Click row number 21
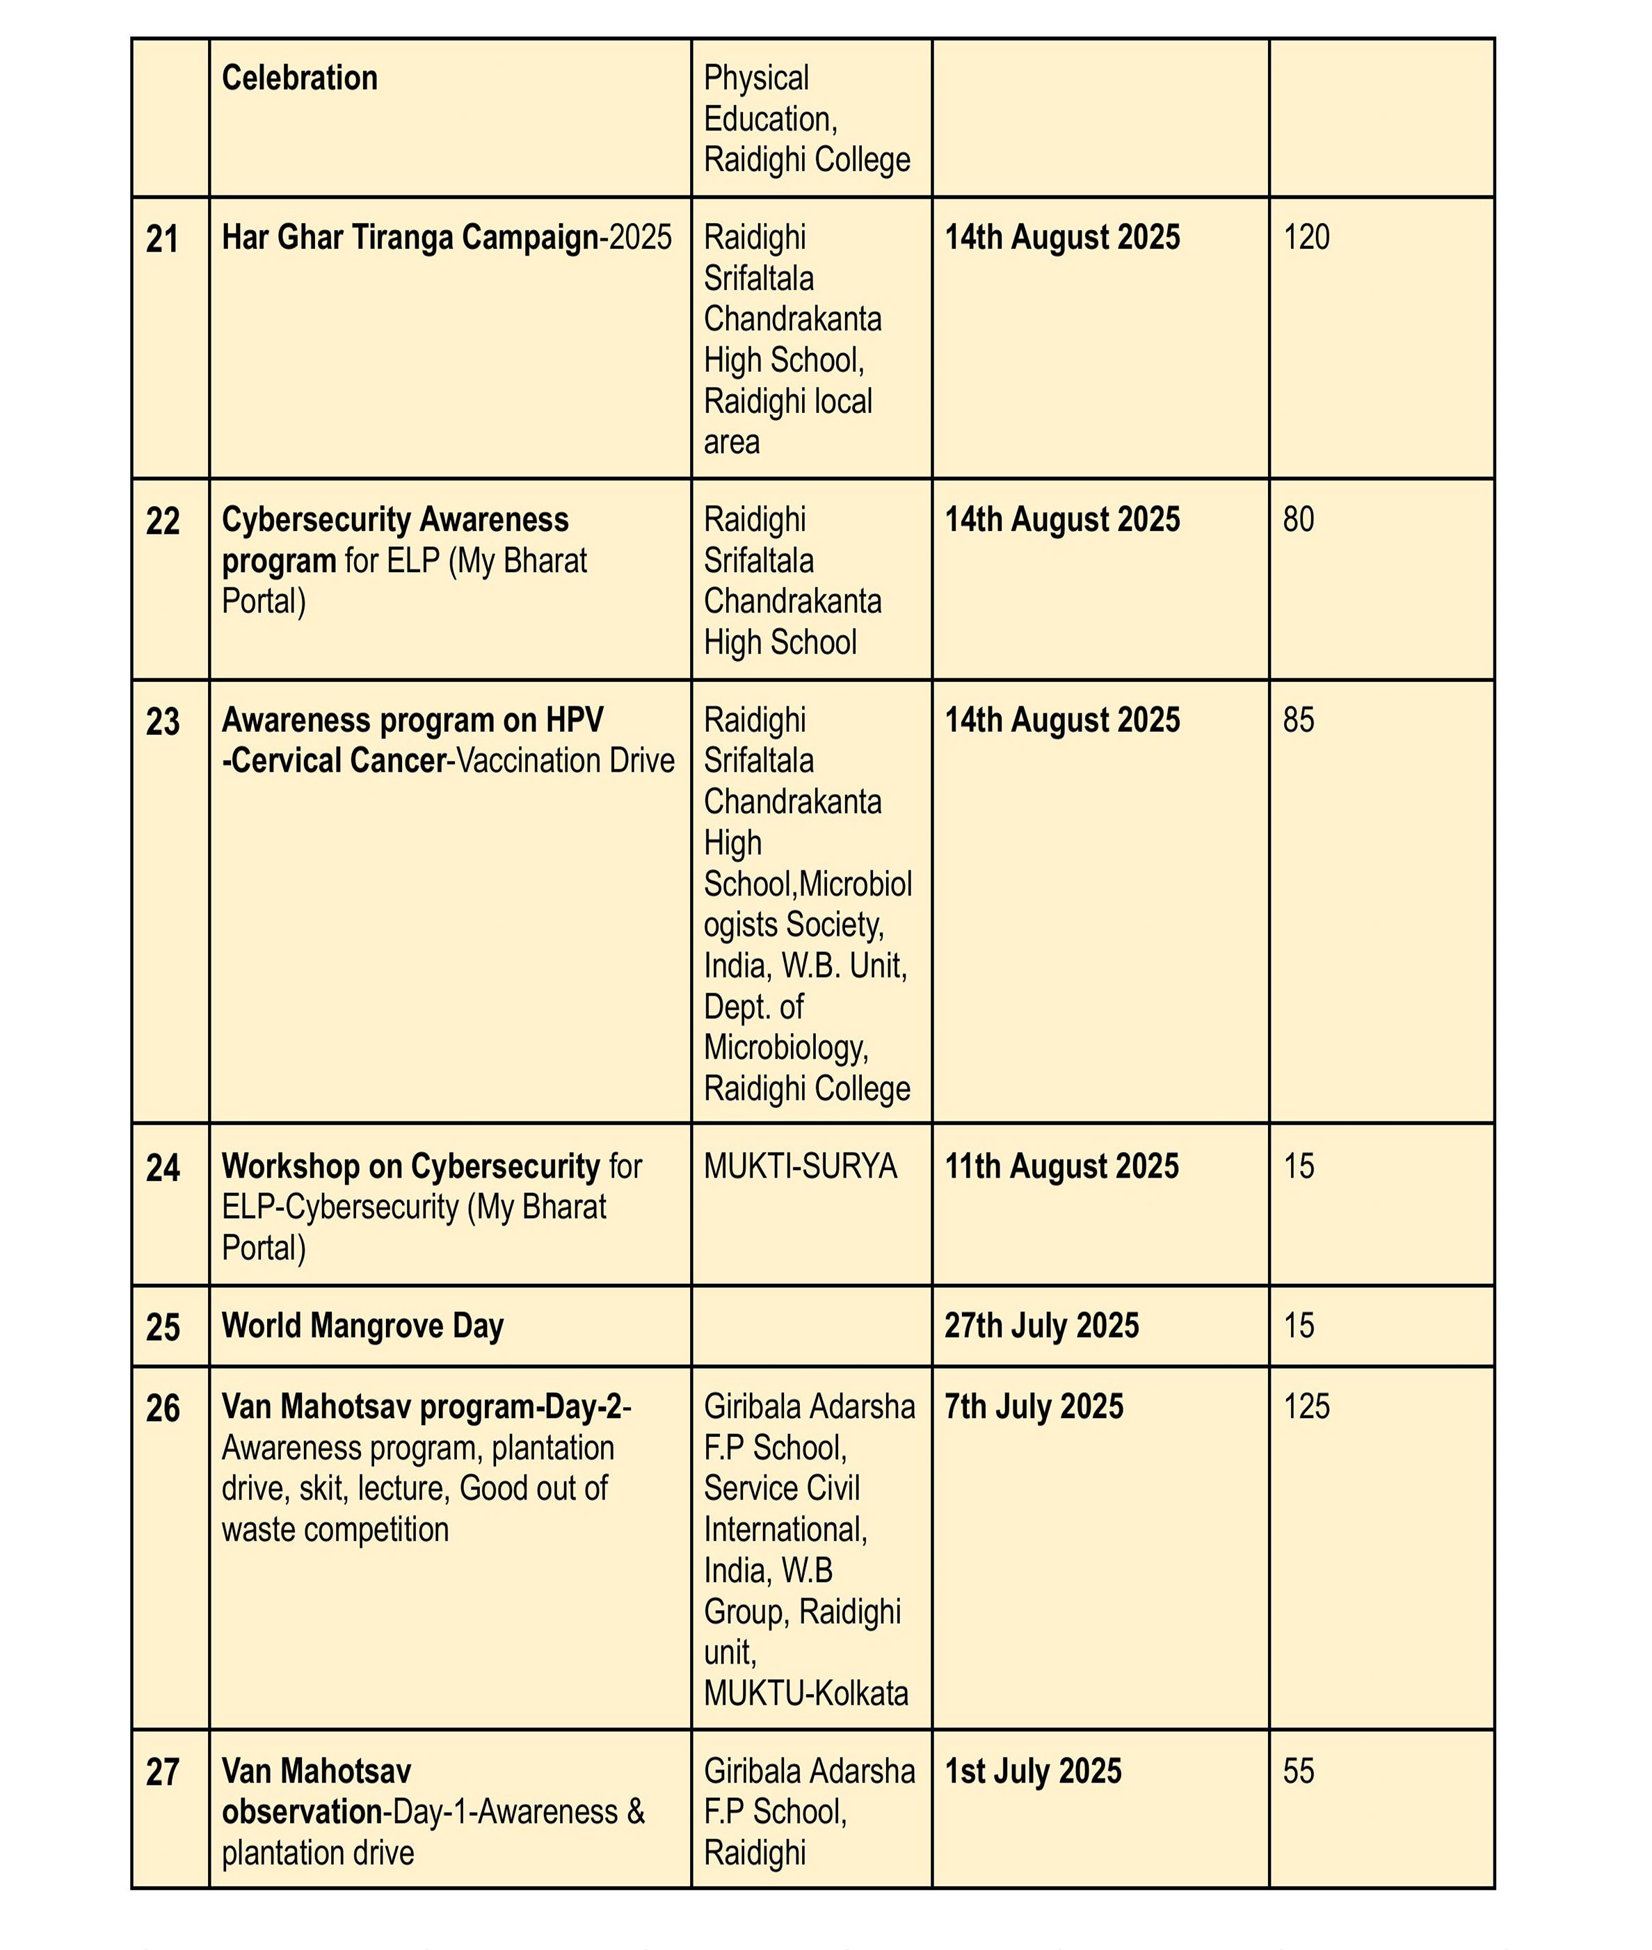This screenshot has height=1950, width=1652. click(x=162, y=240)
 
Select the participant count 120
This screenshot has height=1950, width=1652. click(x=1306, y=238)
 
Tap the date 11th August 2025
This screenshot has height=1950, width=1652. click(x=1061, y=1167)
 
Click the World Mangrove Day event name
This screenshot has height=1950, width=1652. click(x=362, y=1326)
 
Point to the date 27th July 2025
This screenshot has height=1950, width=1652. click(x=1041, y=1326)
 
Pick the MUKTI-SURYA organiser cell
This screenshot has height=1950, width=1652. click(x=800, y=1167)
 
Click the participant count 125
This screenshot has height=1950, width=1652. click(x=1306, y=1407)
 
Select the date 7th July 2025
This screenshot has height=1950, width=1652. click(x=1033, y=1407)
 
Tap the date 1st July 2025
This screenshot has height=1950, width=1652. click(x=1032, y=1771)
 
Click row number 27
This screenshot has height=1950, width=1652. click(x=162, y=1772)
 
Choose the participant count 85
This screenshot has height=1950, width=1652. click(x=1298, y=720)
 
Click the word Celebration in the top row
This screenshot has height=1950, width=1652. click(x=300, y=78)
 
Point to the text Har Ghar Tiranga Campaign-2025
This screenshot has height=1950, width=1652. click(x=447, y=238)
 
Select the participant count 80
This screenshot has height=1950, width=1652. click(x=1298, y=519)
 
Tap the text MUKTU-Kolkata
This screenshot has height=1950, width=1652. click(x=805, y=1693)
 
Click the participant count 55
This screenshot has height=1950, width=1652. click(x=1298, y=1771)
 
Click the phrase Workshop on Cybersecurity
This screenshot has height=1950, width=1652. click(x=410, y=1167)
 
